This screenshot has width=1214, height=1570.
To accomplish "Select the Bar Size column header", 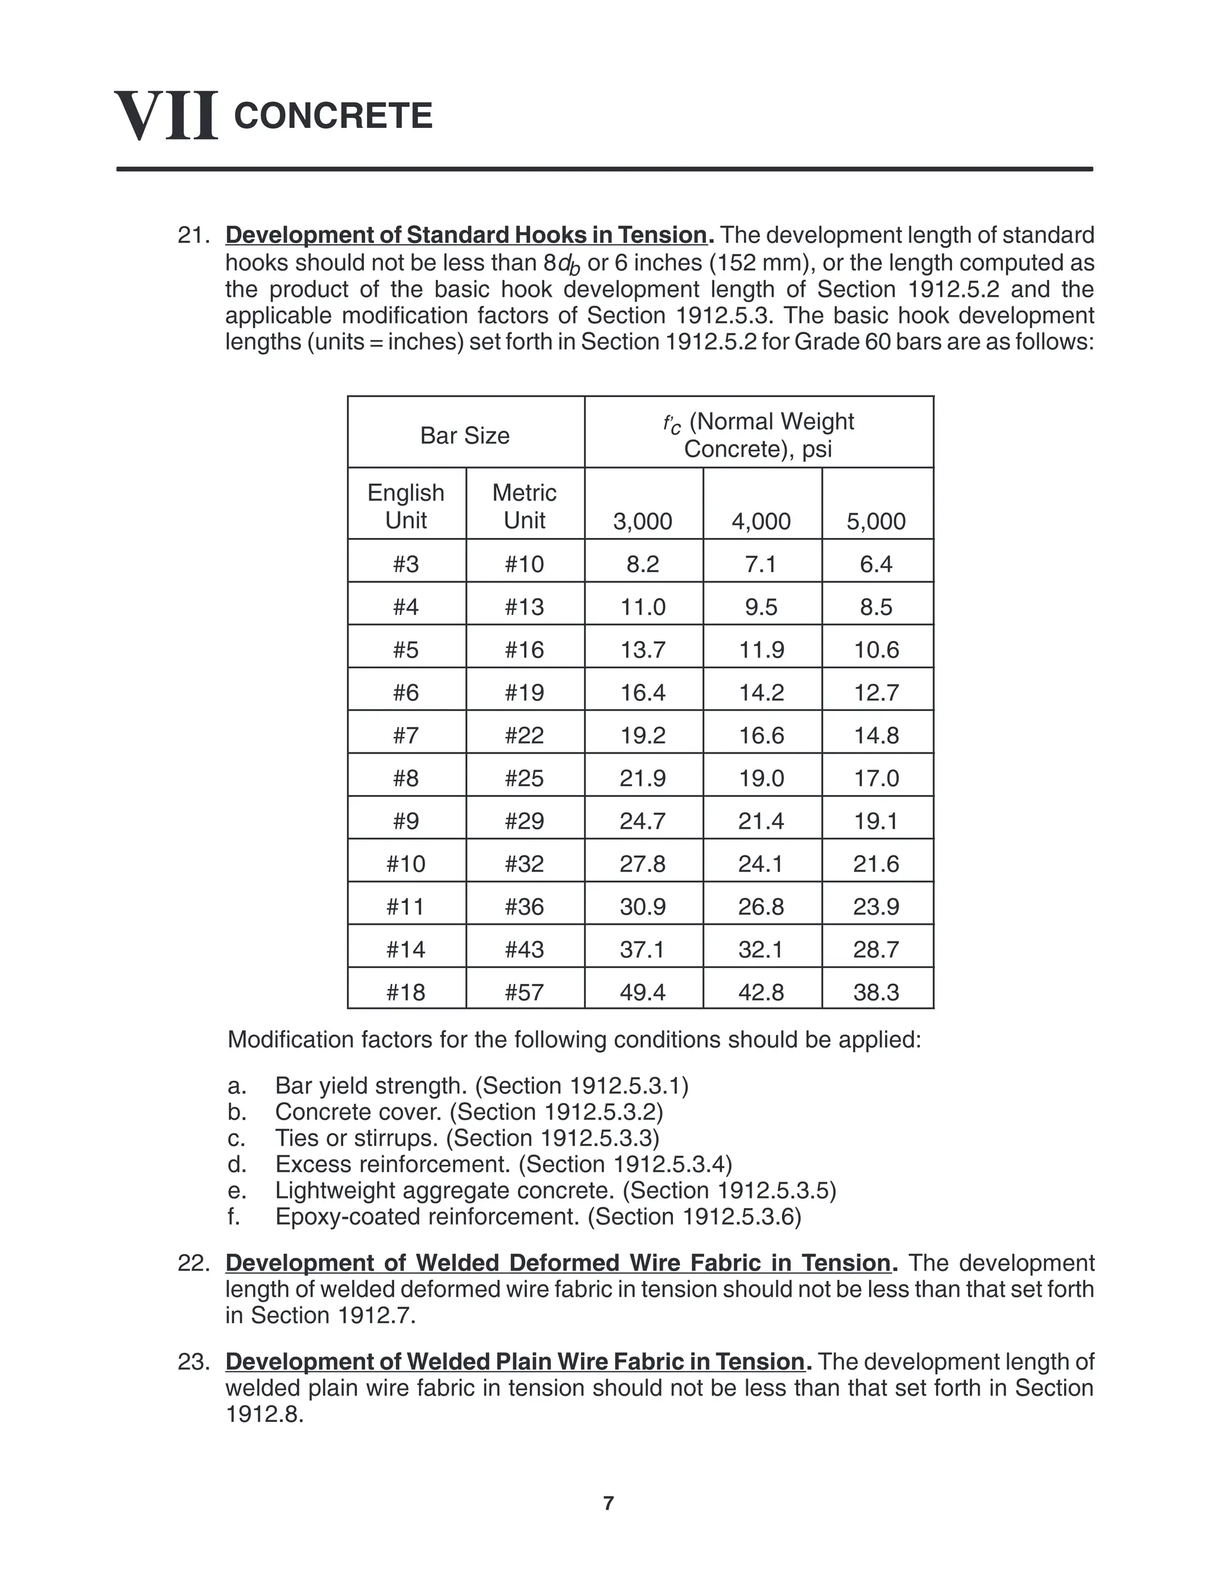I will pyautogui.click(x=465, y=435).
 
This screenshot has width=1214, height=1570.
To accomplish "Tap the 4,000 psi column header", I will pyautogui.click(x=761, y=521).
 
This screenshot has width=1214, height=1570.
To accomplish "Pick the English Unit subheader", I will pyautogui.click(x=405, y=506).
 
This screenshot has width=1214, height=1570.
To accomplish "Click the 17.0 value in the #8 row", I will pyautogui.click(x=876, y=778).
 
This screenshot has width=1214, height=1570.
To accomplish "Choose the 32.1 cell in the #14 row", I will pyautogui.click(x=761, y=950).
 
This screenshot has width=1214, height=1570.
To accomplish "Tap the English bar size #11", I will pyautogui.click(x=405, y=906).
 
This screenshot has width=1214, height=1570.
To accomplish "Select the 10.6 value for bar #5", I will pyautogui.click(x=876, y=650).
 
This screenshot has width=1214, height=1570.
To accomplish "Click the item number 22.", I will pyautogui.click(x=192, y=1263).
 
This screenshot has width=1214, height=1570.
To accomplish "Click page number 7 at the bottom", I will pyautogui.click(x=608, y=1503).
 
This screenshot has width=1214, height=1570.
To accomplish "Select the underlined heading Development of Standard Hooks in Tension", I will pyautogui.click(x=466, y=235).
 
